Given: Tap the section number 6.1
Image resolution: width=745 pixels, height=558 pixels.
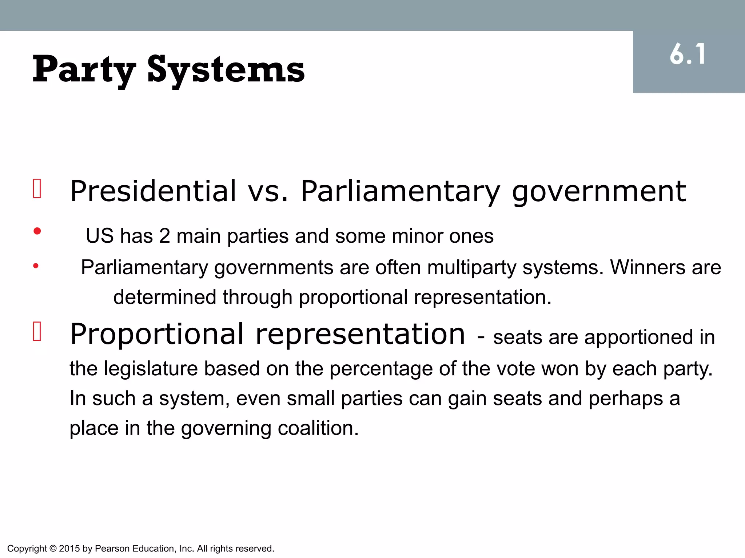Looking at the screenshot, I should tap(688, 55).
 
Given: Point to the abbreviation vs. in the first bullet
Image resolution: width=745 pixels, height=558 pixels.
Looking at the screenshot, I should tap(268, 192).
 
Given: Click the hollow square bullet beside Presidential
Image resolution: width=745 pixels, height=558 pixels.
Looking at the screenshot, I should tap(37, 189).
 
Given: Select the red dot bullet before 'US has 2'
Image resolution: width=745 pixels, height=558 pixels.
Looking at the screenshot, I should tap(37, 231).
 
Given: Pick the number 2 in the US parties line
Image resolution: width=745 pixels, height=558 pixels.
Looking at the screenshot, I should tap(164, 236).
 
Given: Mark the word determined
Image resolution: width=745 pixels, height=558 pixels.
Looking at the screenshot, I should tap(165, 297).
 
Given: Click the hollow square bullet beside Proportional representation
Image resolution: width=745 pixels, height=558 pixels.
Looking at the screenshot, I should tap(37, 331).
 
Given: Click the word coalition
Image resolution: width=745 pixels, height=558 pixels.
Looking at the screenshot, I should tap(318, 428).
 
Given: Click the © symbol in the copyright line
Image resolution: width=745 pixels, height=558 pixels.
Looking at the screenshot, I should tap(53, 549).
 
